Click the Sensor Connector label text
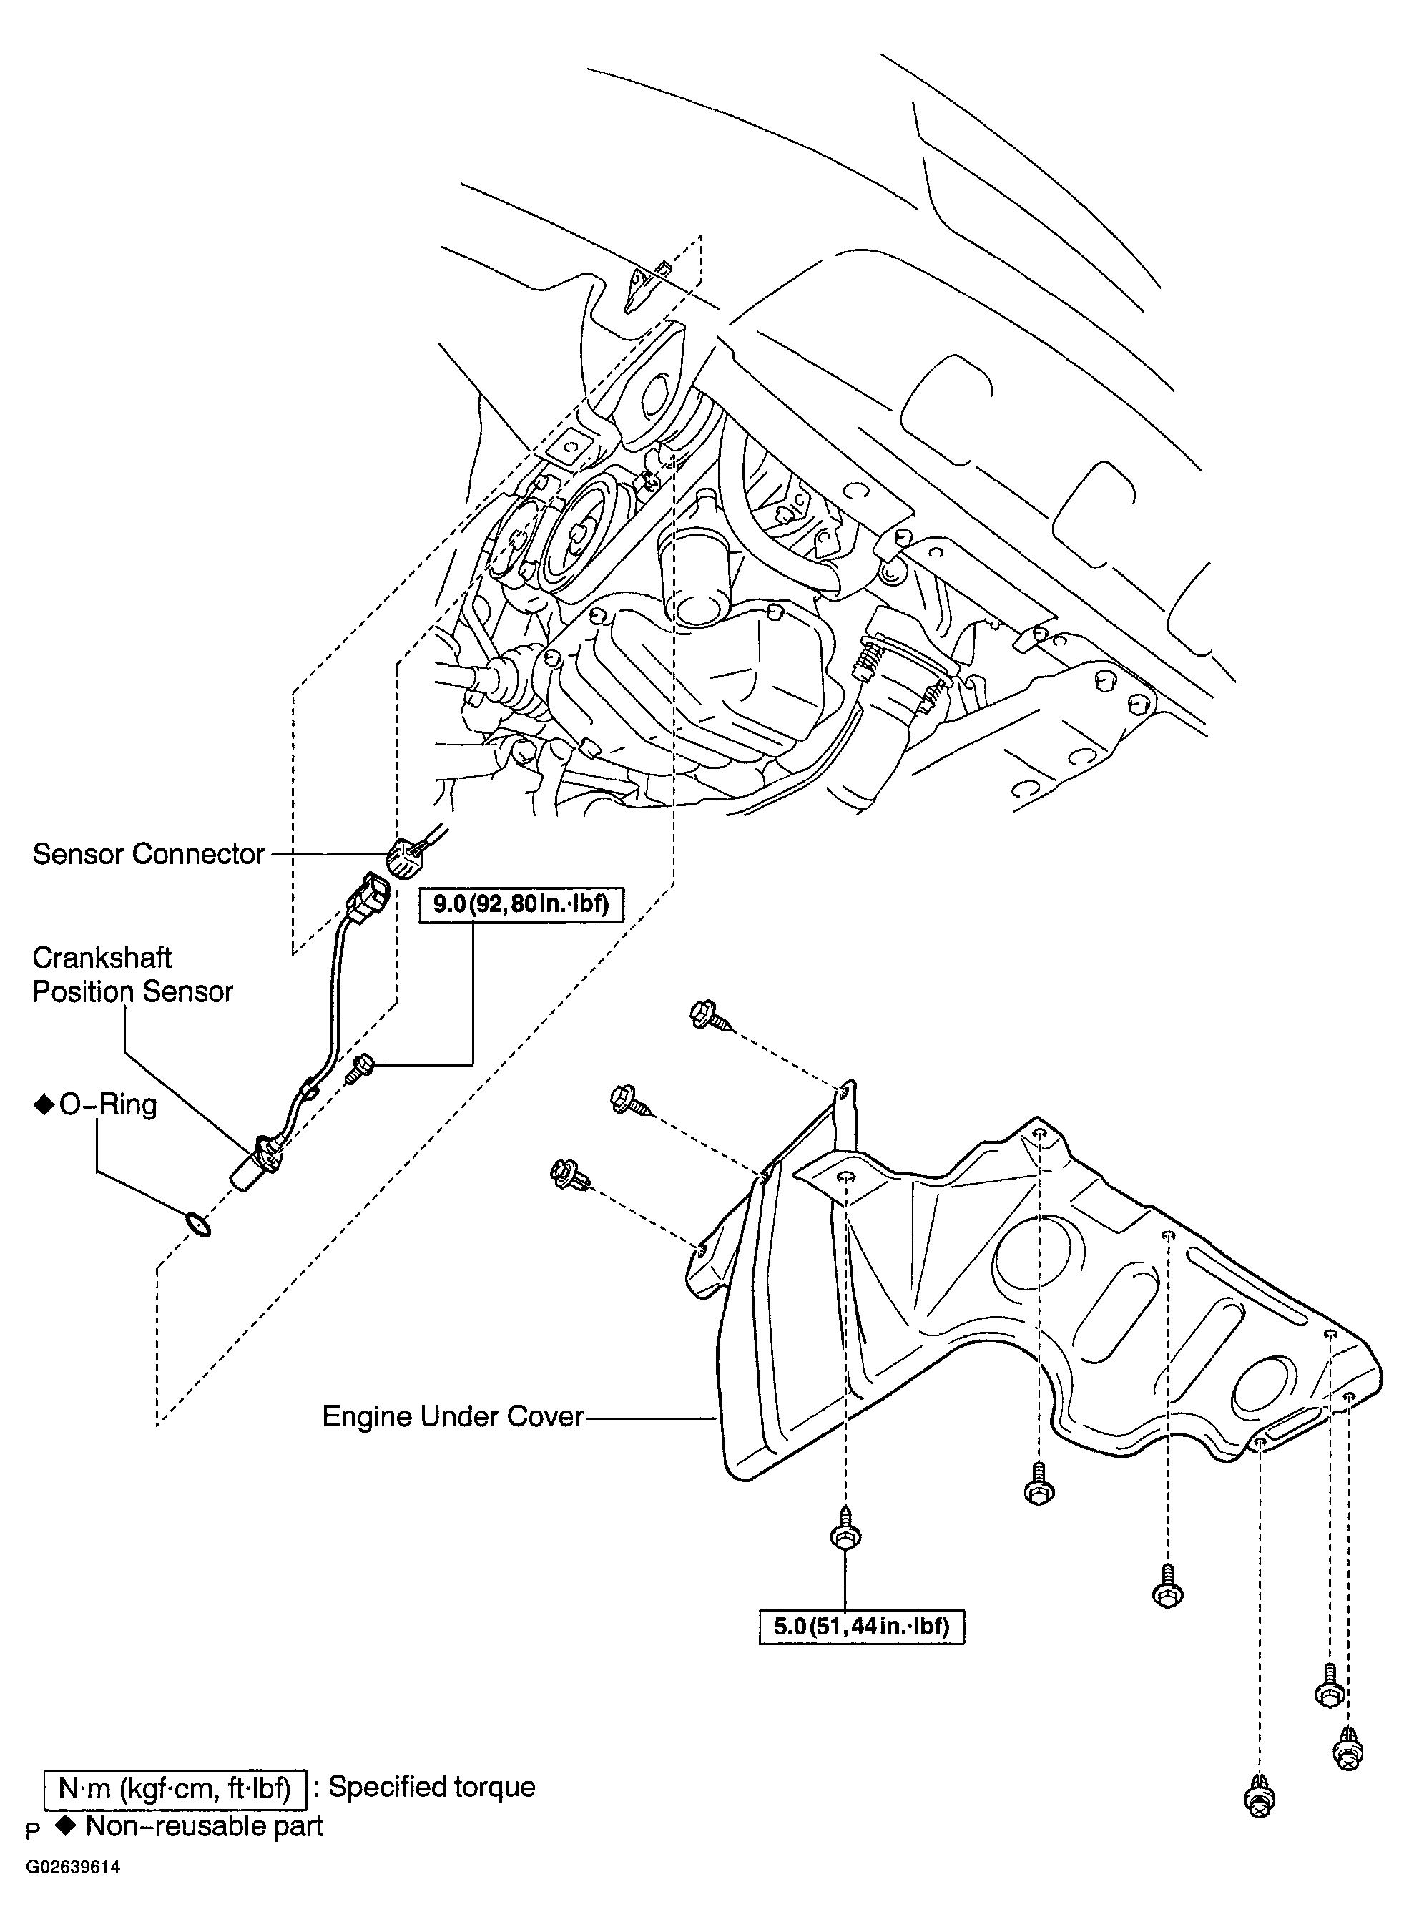pos(148,854)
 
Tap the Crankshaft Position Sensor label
pos(132,975)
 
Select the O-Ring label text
pos(107,1104)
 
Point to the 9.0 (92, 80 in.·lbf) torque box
pos(520,904)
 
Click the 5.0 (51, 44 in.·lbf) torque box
pos(861,1626)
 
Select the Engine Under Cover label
pos(452,1417)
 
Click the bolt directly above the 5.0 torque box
pos(845,1533)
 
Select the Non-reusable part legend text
pos(205,1826)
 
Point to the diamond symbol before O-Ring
pos(43,1106)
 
